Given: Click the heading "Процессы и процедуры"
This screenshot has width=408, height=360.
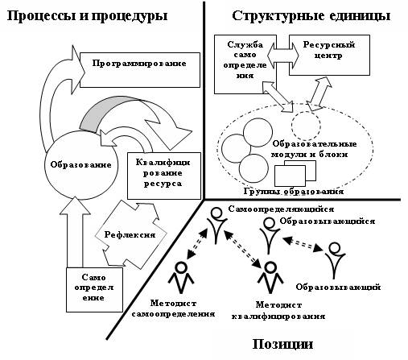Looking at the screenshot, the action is click(87, 16).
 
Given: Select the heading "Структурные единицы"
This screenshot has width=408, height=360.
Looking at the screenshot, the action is click(311, 16).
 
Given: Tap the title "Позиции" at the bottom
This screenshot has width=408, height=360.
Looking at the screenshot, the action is click(282, 344).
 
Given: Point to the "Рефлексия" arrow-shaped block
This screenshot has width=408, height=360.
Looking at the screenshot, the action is click(131, 234).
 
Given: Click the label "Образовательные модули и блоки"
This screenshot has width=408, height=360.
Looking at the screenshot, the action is click(315, 149).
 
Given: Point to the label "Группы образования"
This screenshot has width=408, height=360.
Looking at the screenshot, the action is click(294, 192).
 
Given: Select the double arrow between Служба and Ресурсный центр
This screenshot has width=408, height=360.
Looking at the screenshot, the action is click(282, 56).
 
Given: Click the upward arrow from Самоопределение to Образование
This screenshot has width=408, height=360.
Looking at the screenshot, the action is click(75, 232).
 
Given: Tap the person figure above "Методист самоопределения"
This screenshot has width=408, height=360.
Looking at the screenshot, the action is click(181, 278).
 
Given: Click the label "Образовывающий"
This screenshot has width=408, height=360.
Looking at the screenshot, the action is click(338, 287).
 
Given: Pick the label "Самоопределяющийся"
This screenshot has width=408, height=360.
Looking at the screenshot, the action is click(281, 209).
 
